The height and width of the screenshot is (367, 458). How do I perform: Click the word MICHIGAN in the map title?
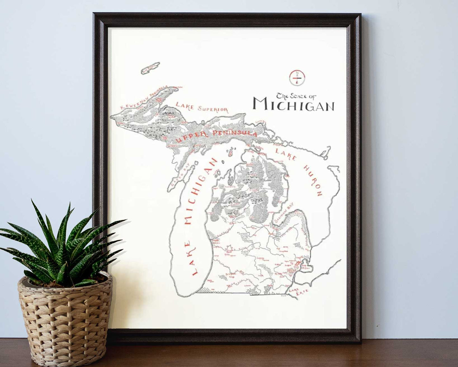point(294,104)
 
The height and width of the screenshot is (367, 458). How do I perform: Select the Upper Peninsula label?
point(216,135)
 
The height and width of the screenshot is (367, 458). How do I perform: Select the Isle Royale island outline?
point(150,67)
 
